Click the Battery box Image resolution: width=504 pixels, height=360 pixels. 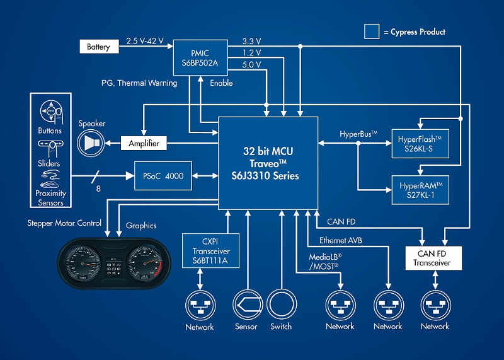tap(98, 46)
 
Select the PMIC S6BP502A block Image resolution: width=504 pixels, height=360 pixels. tap(200, 57)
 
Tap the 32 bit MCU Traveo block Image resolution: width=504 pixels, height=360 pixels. tap(268, 163)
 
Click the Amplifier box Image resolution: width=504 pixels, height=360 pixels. tap(144, 143)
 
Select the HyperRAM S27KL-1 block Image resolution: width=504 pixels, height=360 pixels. tap(421, 192)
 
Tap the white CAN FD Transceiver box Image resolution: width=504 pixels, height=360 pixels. tap(432, 258)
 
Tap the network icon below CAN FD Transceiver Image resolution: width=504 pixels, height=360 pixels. tap(435, 305)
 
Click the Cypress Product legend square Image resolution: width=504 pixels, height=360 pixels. tap(372, 32)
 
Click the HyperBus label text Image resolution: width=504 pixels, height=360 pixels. tap(358, 134)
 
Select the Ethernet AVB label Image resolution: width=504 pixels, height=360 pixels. tap(341, 240)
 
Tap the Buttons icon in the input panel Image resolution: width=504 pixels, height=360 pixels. tap(50, 111)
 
